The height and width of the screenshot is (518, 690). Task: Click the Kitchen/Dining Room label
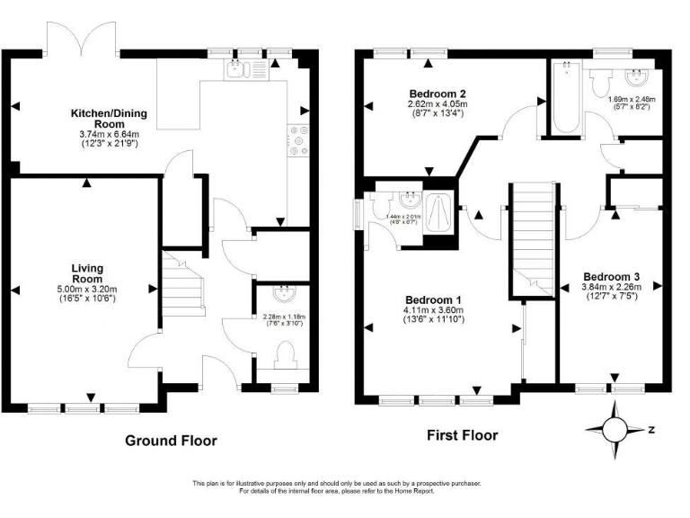pyautogui.click(x=109, y=119)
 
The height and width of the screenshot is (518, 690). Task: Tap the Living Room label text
pyautogui.click(x=88, y=273)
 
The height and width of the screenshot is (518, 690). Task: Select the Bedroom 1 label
pyautogui.click(x=433, y=299)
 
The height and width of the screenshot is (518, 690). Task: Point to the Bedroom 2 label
pyautogui.click(x=438, y=94)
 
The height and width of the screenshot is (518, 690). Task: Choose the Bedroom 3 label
pyautogui.click(x=611, y=276)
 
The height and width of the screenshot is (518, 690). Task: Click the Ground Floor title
pyautogui.click(x=171, y=441)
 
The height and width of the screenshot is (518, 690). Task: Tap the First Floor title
pyautogui.click(x=462, y=435)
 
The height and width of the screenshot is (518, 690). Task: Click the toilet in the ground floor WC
pyautogui.click(x=287, y=352)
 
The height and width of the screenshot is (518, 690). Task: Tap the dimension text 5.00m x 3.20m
pyautogui.click(x=88, y=289)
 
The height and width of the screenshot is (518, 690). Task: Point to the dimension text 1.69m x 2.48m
pyautogui.click(x=631, y=99)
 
